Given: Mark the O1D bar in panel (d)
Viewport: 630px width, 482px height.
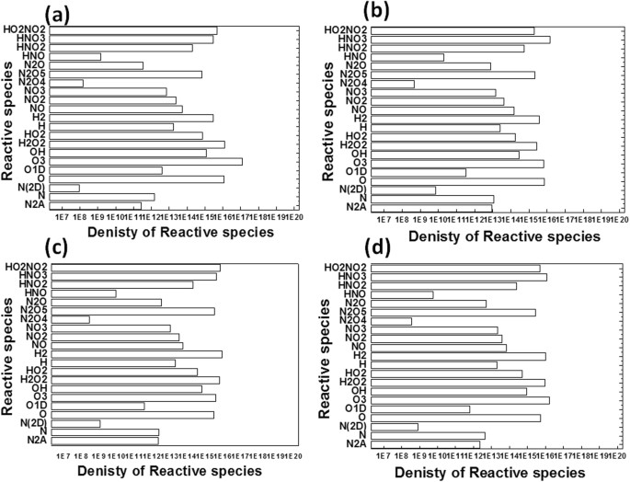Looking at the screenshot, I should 424,408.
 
